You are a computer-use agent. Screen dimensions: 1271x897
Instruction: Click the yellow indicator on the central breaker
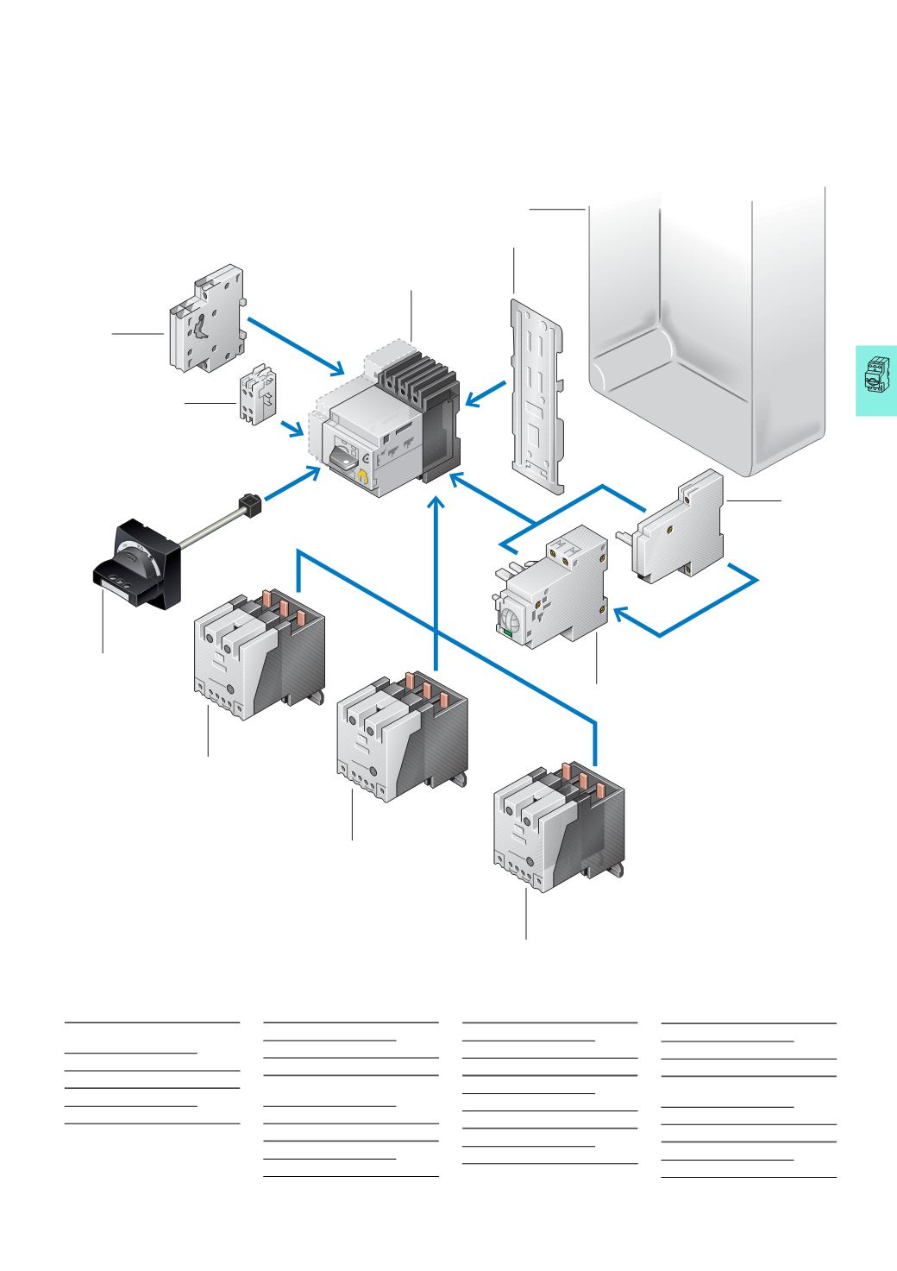coord(363,475)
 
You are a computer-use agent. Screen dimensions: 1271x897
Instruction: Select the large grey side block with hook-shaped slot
coord(205,319)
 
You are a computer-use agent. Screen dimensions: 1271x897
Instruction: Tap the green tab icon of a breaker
coord(876,381)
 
